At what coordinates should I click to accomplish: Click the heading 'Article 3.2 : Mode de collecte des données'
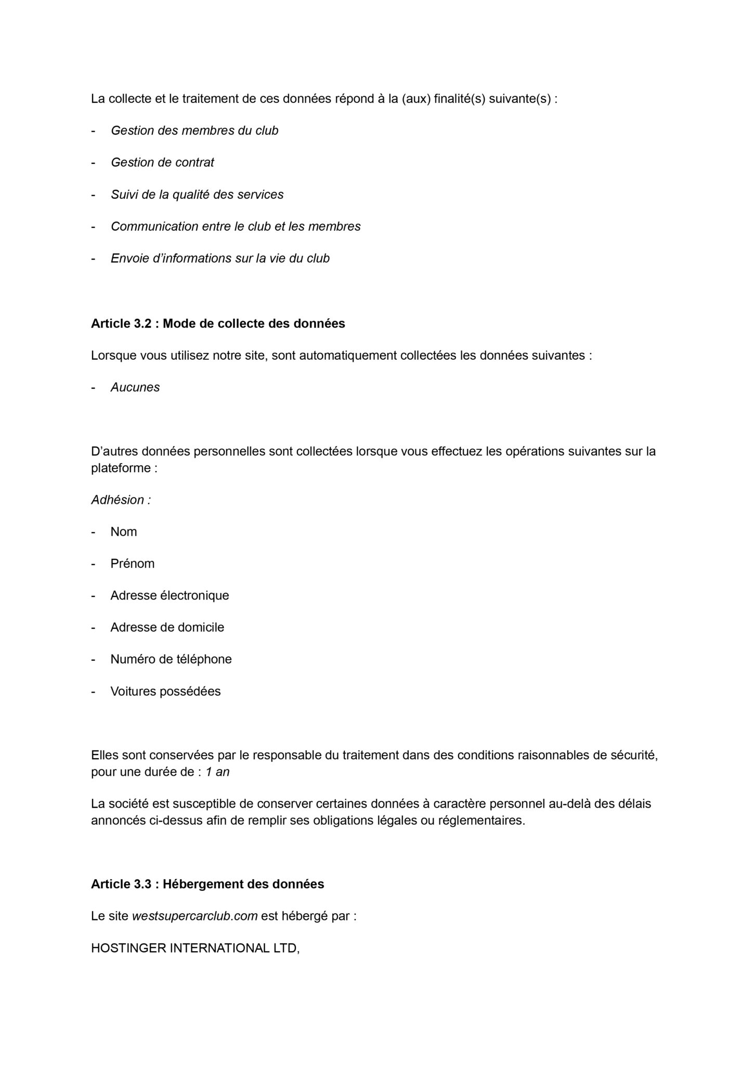point(218,323)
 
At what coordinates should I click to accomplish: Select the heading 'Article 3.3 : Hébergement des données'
point(207,884)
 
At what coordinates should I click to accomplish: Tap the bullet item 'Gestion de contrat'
point(162,162)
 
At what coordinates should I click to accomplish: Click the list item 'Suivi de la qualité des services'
point(197,194)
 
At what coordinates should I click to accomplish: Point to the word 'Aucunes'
point(135,387)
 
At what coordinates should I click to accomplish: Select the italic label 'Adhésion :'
point(121,500)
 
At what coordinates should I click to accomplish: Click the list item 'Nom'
point(124,531)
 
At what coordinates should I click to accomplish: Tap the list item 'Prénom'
point(133,564)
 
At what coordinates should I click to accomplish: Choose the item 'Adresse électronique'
point(170,595)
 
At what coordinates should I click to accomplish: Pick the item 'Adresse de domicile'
point(167,627)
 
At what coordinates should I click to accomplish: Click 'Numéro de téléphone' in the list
point(171,659)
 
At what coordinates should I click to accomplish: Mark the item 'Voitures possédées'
point(165,692)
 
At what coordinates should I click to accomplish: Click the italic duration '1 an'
point(217,772)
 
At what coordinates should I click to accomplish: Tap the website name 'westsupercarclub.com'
point(195,916)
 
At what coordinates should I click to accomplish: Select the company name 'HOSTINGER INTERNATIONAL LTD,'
point(196,948)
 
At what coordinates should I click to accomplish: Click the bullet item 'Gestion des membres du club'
point(194,131)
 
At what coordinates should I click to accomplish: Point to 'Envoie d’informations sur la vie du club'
point(220,258)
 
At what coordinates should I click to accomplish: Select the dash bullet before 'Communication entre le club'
point(94,227)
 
